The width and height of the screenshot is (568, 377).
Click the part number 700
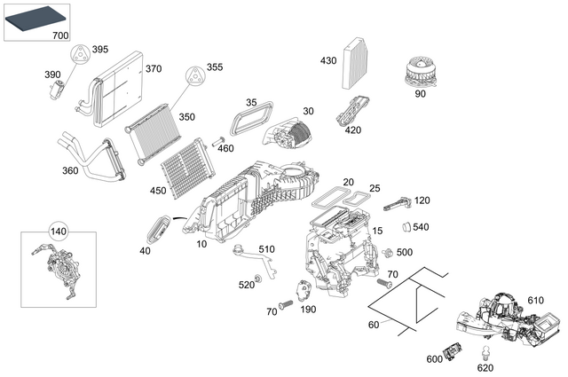pyautogui.click(x=60, y=35)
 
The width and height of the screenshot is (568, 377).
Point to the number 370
pyautogui.click(x=153, y=68)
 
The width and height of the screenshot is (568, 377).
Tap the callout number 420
pyautogui.click(x=353, y=130)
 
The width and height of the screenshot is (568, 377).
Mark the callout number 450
pyautogui.click(x=159, y=191)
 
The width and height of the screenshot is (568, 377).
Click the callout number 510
pyautogui.click(x=266, y=248)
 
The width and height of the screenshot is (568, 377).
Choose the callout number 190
pyautogui.click(x=308, y=309)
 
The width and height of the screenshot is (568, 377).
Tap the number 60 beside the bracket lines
pyautogui.click(x=374, y=325)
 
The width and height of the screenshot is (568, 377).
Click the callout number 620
pyautogui.click(x=485, y=366)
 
